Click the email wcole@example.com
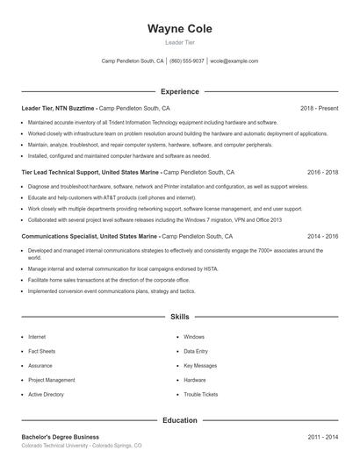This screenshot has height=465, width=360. pos(234,61)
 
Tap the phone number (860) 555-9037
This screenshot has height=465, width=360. pos(187,61)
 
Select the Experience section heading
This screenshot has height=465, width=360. pos(179,91)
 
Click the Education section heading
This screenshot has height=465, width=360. pos(179,420)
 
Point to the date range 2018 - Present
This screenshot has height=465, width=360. pos(319,108)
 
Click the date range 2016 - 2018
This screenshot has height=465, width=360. pos(322,172)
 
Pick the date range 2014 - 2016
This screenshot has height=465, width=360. pos(322,236)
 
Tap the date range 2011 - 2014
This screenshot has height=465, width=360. pos(322,436)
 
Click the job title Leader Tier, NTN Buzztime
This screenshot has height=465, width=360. pos(58,108)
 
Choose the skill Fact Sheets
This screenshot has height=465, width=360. pos(41,351)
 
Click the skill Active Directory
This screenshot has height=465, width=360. pos(46,395)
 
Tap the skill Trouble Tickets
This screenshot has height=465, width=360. pos(200,395)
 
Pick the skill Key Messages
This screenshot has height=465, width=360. pos(199,366)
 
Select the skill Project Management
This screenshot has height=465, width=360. pos(51,380)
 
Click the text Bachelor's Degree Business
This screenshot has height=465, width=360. pos(60,436)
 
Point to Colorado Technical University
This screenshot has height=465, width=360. pos(58,446)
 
